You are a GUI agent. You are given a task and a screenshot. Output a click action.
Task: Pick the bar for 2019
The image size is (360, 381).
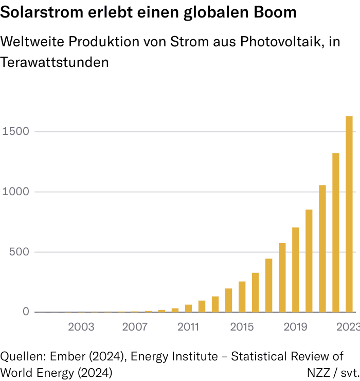[296, 270]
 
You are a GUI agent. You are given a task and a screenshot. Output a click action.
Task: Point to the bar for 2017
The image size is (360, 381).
[269, 285]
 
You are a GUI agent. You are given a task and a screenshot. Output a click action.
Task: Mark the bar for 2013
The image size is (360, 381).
[215, 304]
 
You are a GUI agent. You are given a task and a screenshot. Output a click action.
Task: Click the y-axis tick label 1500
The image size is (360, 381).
[15, 132]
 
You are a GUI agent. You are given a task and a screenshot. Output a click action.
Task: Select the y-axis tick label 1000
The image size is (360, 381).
[15, 192]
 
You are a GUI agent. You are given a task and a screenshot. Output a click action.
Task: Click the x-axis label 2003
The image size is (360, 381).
[81, 327]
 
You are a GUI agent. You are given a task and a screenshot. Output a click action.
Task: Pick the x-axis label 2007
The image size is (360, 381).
[135, 327]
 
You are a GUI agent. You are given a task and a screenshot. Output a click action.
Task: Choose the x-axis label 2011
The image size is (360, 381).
[188, 327]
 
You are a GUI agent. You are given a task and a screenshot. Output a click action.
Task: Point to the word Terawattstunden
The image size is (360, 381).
[55, 62]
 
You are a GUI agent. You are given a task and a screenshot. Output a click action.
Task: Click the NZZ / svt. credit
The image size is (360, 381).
[332, 372]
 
